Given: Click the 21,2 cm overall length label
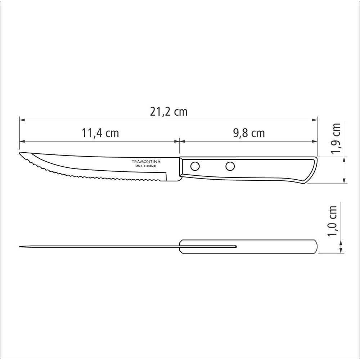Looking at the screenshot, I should (x=168, y=112).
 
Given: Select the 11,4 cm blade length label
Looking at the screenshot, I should (x=100, y=133).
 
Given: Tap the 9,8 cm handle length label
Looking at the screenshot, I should (x=249, y=133).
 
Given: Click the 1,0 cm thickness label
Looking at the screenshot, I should (x=333, y=221).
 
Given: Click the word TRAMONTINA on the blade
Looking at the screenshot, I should (x=146, y=162).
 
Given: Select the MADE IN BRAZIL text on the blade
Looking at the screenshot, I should (x=146, y=166).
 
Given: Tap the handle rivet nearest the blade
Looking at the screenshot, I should (x=195, y=166).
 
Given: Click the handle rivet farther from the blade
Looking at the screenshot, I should (x=230, y=166).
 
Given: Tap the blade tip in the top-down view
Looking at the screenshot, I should (x=20, y=247).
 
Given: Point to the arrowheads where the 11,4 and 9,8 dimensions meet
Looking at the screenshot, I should (x=179, y=141).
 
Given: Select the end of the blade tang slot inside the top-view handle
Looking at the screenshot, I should (x=235, y=247).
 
